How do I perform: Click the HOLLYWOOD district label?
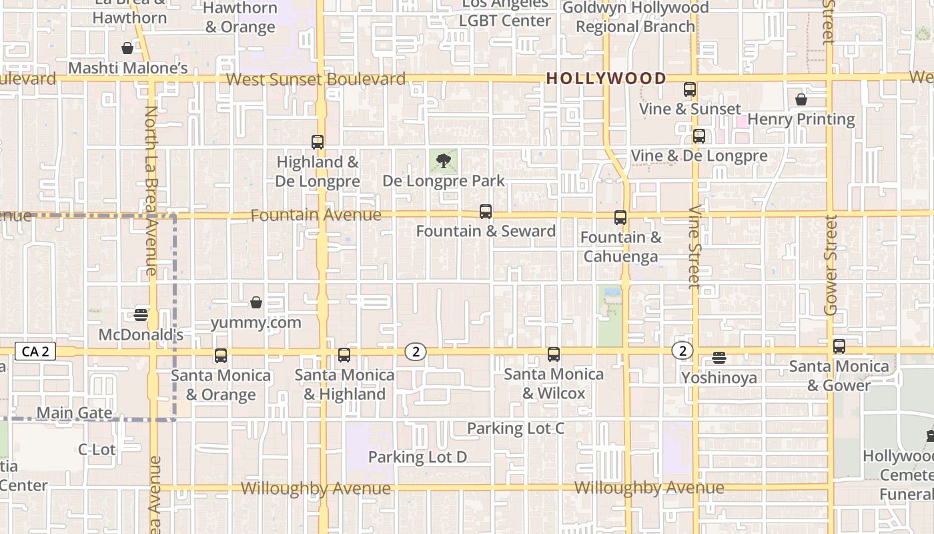pos(606,78)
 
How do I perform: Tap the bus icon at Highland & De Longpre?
pos(318,142)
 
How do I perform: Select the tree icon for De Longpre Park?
pos(442,160)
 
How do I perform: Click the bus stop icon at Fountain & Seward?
pos(486,212)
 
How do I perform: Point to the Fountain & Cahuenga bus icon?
pos(620,218)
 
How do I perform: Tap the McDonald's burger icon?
pos(141,314)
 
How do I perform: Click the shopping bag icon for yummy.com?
pos(256,302)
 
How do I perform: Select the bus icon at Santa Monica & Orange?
pos(221,356)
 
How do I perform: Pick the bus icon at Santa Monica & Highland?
pos(344,355)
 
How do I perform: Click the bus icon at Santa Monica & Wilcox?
pos(554,354)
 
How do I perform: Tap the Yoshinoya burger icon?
pos(719,358)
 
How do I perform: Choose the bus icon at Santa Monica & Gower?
pos(839,346)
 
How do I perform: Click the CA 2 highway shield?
pos(35,352)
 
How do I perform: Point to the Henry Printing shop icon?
pos(801,99)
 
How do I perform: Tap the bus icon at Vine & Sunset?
pos(690,89)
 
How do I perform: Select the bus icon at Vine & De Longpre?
pos(699,136)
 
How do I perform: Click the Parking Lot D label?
pos(418,457)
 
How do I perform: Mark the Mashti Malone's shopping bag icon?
pos(127,48)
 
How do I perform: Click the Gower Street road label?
pos(831,265)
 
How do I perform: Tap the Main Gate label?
pos(74,413)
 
